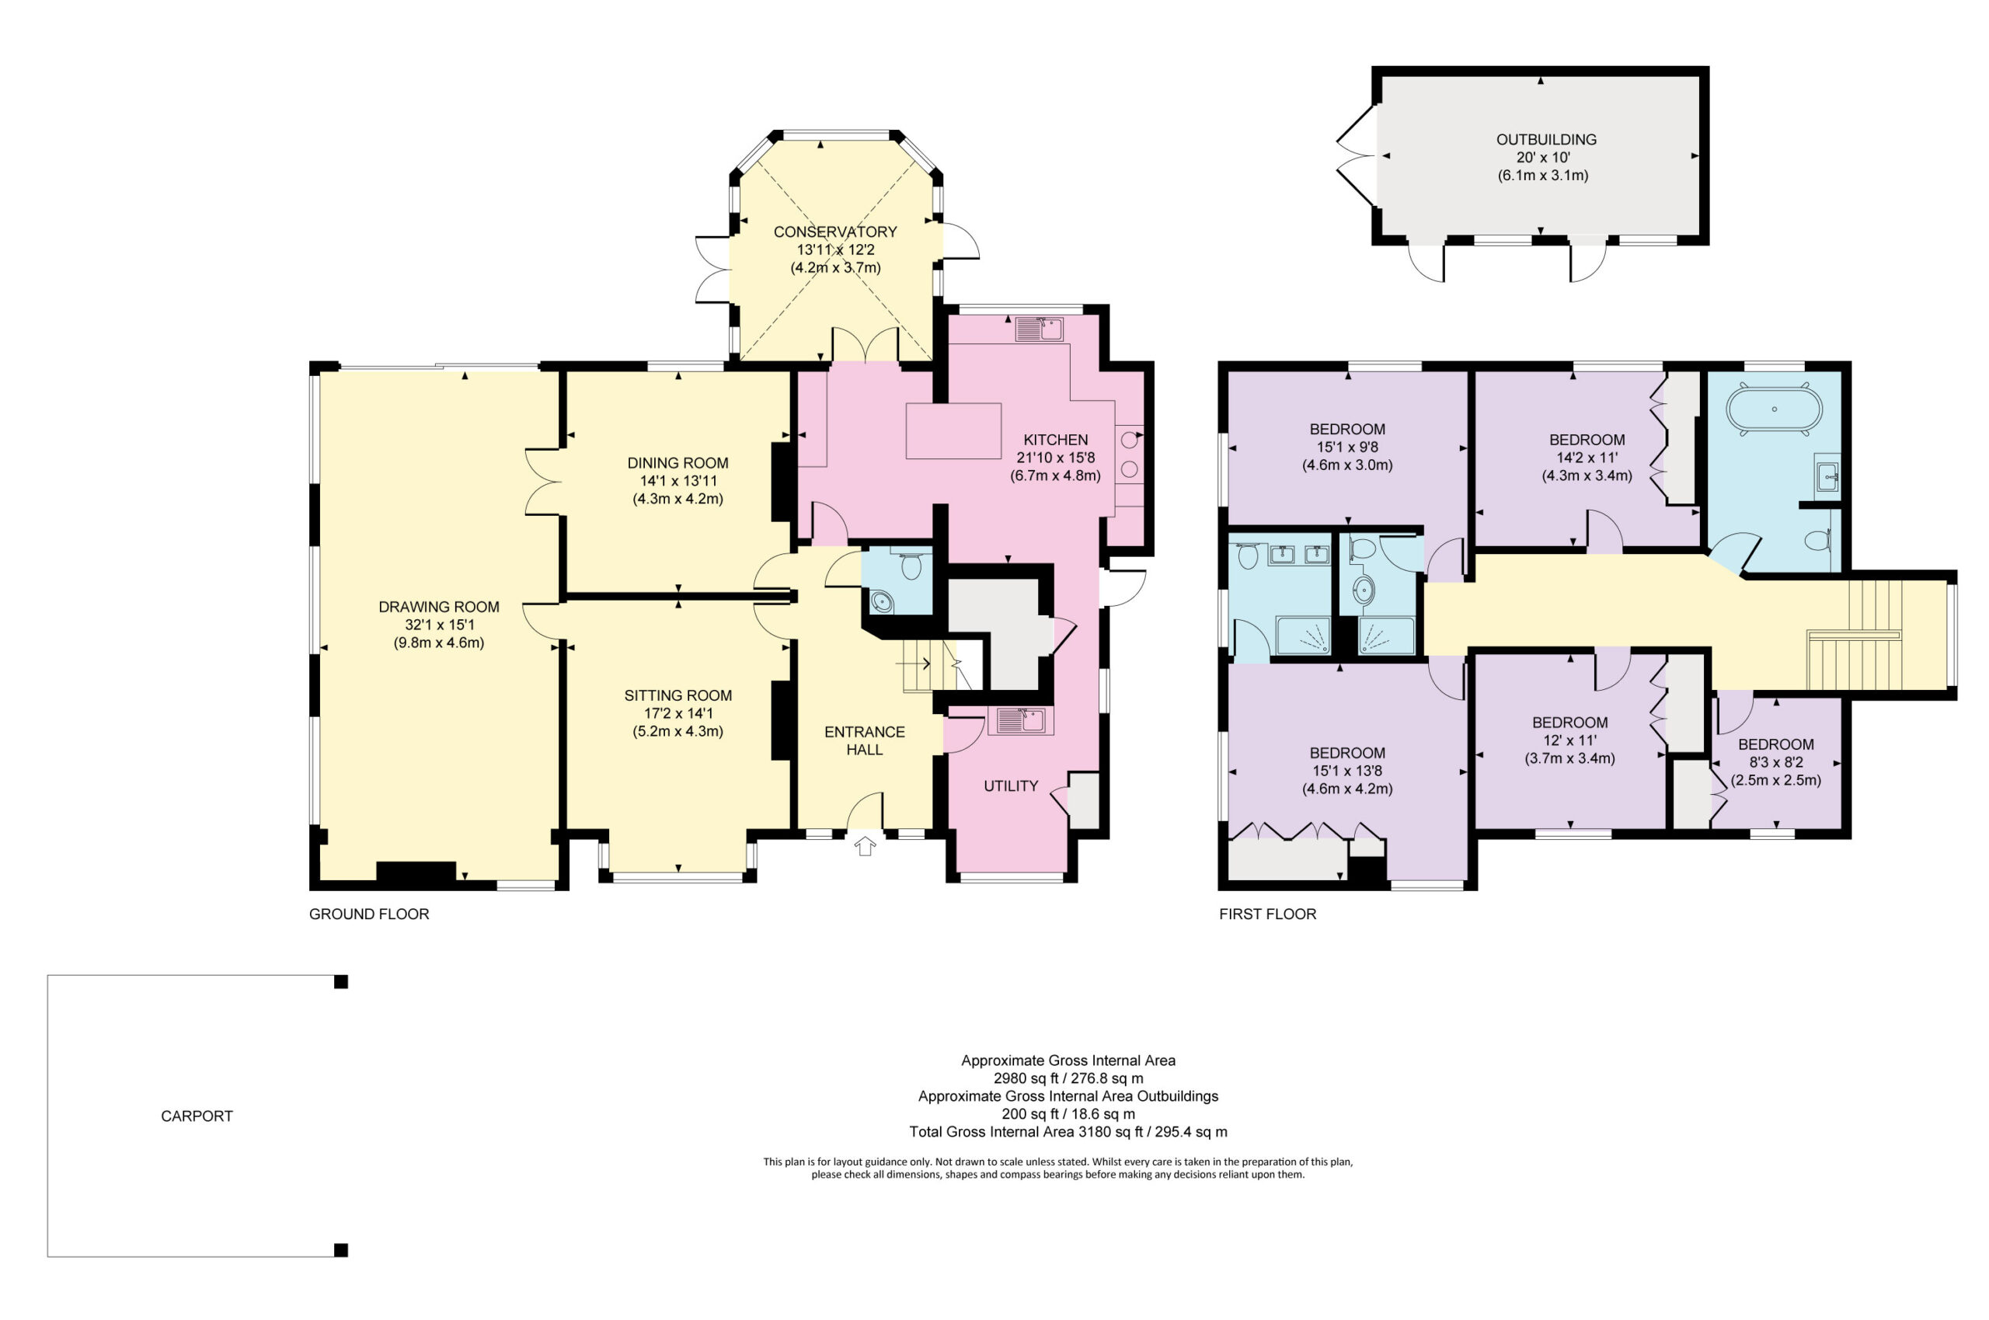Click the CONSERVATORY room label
point(834,232)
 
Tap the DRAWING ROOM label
point(438,607)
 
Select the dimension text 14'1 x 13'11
point(678,481)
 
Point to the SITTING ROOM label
point(678,695)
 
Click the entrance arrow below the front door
point(865,845)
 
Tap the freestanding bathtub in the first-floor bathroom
point(1774,410)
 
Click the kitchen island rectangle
point(953,431)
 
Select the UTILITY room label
point(1010,785)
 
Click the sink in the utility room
point(1019,721)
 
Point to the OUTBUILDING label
point(1545,140)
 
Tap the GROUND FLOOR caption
point(369,914)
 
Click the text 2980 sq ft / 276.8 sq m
point(1068,1078)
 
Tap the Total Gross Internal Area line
point(1068,1132)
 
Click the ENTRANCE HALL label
point(865,741)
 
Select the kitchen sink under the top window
point(1039,329)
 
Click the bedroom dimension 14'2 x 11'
point(1586,457)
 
